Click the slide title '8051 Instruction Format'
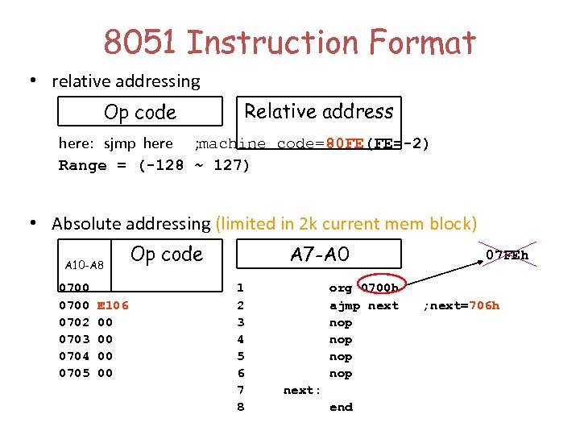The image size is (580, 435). click(x=290, y=42)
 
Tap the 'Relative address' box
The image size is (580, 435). click(x=319, y=111)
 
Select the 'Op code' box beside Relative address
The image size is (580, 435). click(x=140, y=112)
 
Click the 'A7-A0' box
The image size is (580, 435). click(x=320, y=254)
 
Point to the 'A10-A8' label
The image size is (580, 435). click(x=84, y=265)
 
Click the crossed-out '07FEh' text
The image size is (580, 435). click(x=507, y=255)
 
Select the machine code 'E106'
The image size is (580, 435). click(x=113, y=305)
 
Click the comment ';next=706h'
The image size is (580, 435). click(x=462, y=305)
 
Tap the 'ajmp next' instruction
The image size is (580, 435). click(x=364, y=305)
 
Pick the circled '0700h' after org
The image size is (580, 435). click(x=379, y=288)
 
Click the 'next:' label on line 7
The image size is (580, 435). click(x=302, y=390)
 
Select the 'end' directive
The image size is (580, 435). click(x=341, y=407)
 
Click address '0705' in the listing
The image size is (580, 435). click(x=74, y=373)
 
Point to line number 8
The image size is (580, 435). click(x=240, y=407)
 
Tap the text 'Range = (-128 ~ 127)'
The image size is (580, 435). click(x=154, y=166)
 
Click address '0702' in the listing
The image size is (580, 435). click(x=74, y=322)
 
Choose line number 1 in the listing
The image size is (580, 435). click(x=240, y=288)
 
